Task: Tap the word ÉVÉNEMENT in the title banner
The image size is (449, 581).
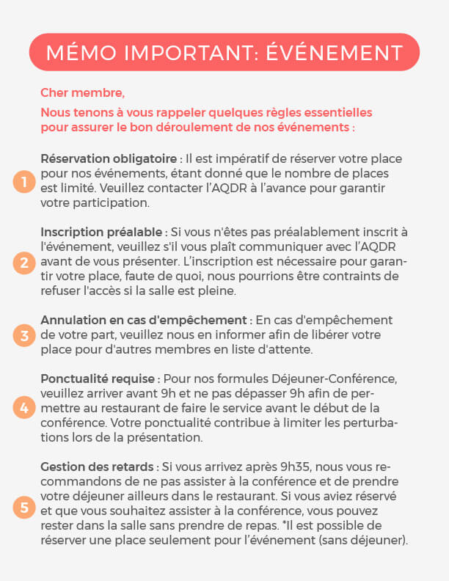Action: pyautogui.click(x=340, y=53)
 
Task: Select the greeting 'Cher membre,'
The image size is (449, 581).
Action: pyautogui.click(x=82, y=93)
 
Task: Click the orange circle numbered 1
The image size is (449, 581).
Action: pyautogui.click(x=24, y=182)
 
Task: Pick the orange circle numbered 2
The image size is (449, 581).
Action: pyautogui.click(x=24, y=262)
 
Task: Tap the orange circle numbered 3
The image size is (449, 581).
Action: pyautogui.click(x=24, y=336)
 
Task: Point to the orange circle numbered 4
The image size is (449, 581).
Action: pyautogui.click(x=24, y=409)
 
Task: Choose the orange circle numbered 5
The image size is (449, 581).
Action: pyautogui.click(x=24, y=506)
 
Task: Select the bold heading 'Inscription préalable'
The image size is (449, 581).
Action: pyautogui.click(x=101, y=233)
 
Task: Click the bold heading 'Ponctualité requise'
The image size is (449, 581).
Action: pyautogui.click(x=98, y=379)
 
